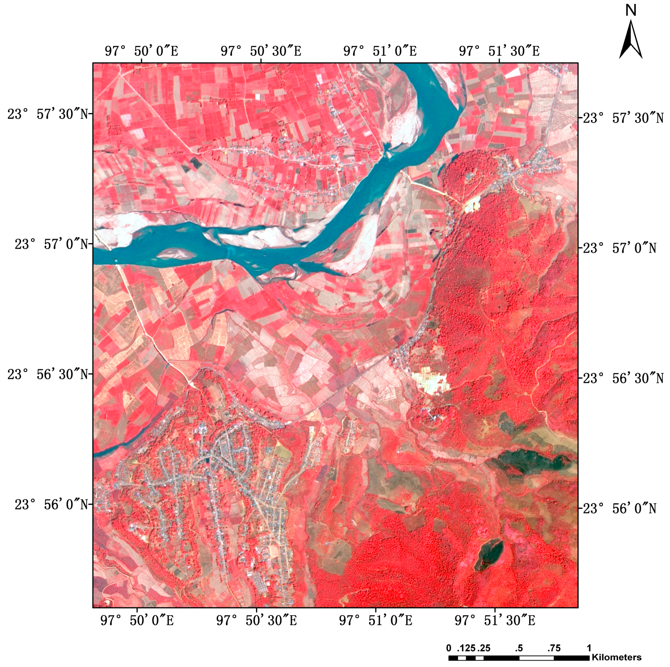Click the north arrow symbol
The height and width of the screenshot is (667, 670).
[x=631, y=40]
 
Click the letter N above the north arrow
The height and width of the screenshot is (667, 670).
[x=631, y=11]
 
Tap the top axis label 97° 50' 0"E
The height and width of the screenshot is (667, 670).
[x=141, y=51]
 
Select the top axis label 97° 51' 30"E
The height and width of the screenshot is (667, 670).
[x=499, y=51]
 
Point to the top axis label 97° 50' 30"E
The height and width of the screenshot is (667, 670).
[x=261, y=51]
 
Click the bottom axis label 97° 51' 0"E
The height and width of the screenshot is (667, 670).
[x=375, y=620]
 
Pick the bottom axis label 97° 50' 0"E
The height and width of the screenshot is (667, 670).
[x=137, y=620]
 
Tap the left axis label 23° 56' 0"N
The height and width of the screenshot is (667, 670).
[x=51, y=505]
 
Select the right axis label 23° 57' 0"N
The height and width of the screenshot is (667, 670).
[x=619, y=248]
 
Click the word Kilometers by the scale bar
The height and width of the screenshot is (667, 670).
[x=616, y=657]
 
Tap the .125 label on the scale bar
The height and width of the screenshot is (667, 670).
[x=466, y=648]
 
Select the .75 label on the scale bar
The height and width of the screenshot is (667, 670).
[x=554, y=648]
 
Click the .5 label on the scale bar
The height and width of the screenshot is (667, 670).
[x=519, y=648]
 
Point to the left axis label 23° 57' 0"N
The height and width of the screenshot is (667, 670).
[x=51, y=244]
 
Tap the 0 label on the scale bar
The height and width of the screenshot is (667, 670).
[x=449, y=648]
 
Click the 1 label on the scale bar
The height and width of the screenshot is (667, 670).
[x=589, y=648]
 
